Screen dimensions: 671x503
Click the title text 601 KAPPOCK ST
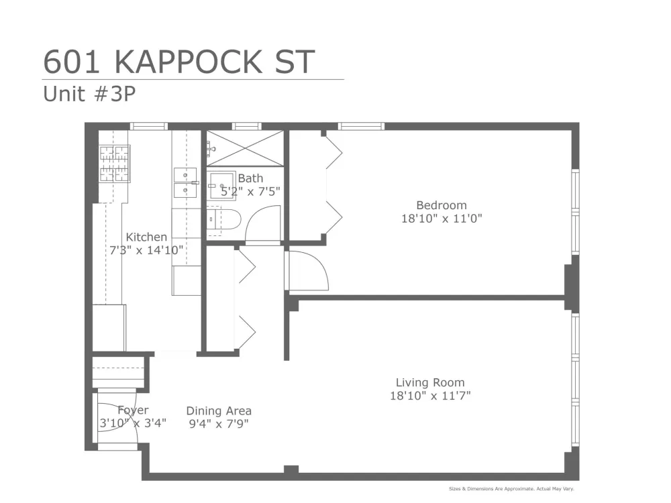(179, 62)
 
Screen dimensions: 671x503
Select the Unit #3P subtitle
(89, 94)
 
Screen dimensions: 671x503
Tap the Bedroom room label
(442, 205)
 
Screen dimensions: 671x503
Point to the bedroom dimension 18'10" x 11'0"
(442, 219)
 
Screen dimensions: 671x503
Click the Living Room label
(429, 382)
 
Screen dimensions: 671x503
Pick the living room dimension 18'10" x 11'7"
(429, 396)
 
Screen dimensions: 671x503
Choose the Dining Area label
(219, 411)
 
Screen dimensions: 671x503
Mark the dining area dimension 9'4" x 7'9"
(219, 424)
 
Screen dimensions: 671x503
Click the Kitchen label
(146, 237)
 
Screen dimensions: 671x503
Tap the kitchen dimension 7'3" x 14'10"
(146, 250)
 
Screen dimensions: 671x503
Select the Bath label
(250, 178)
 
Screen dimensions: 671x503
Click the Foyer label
(133, 410)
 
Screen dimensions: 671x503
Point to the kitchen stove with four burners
(115, 164)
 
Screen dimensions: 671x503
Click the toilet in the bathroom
(223, 220)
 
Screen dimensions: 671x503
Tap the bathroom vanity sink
(221, 186)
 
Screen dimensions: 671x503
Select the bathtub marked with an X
(245, 148)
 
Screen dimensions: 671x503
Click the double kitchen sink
(185, 182)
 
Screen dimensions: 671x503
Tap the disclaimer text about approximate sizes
(511, 488)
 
